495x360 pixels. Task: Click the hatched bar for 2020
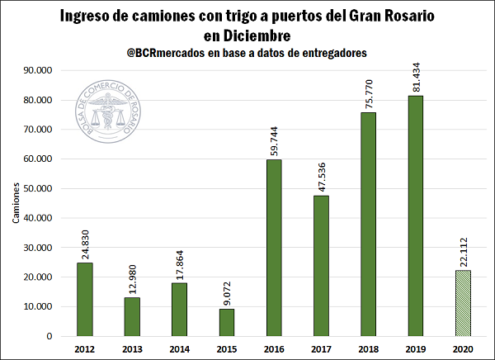click(x=463, y=303)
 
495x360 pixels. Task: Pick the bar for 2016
click(x=274, y=248)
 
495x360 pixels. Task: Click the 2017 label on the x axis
click(x=321, y=349)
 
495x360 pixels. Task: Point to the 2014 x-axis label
click(x=180, y=349)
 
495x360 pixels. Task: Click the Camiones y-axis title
click(x=16, y=203)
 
